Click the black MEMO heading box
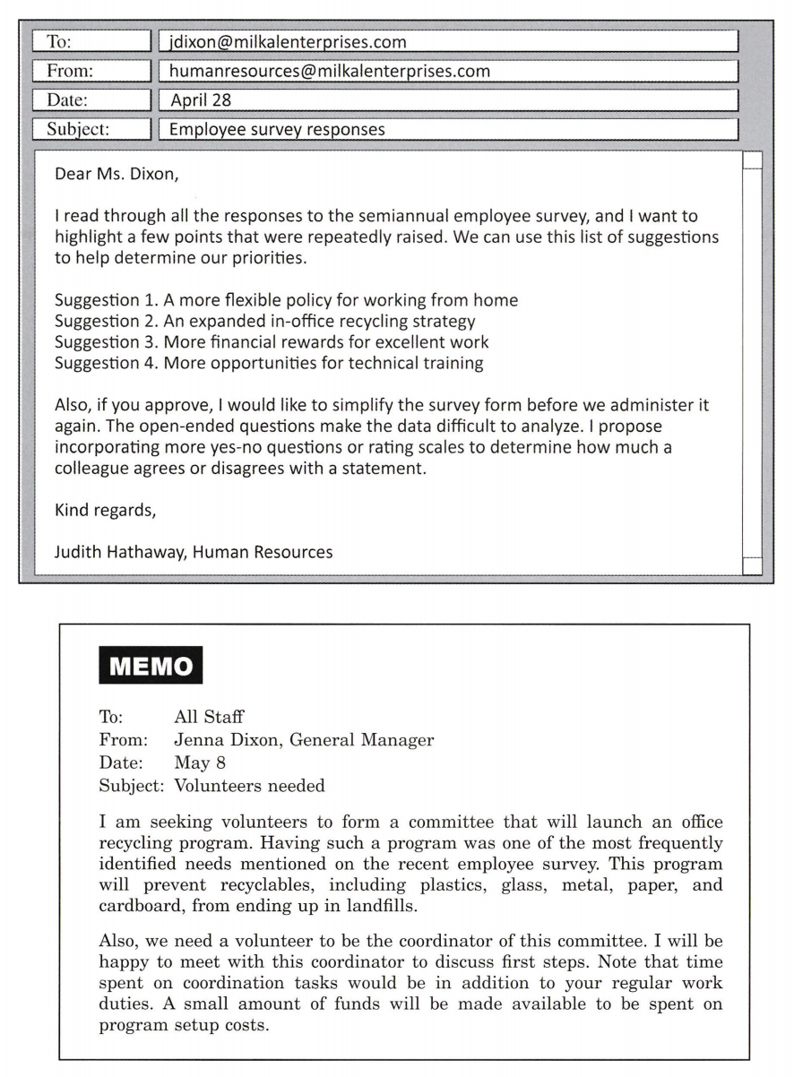[x=151, y=666]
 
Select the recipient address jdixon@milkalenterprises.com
[x=287, y=42]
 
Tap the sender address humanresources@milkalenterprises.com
[x=330, y=71]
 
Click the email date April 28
[x=200, y=100]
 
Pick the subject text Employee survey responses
[x=277, y=129]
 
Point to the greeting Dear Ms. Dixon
[x=117, y=174]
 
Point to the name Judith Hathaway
[x=117, y=552]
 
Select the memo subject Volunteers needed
[x=249, y=787]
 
